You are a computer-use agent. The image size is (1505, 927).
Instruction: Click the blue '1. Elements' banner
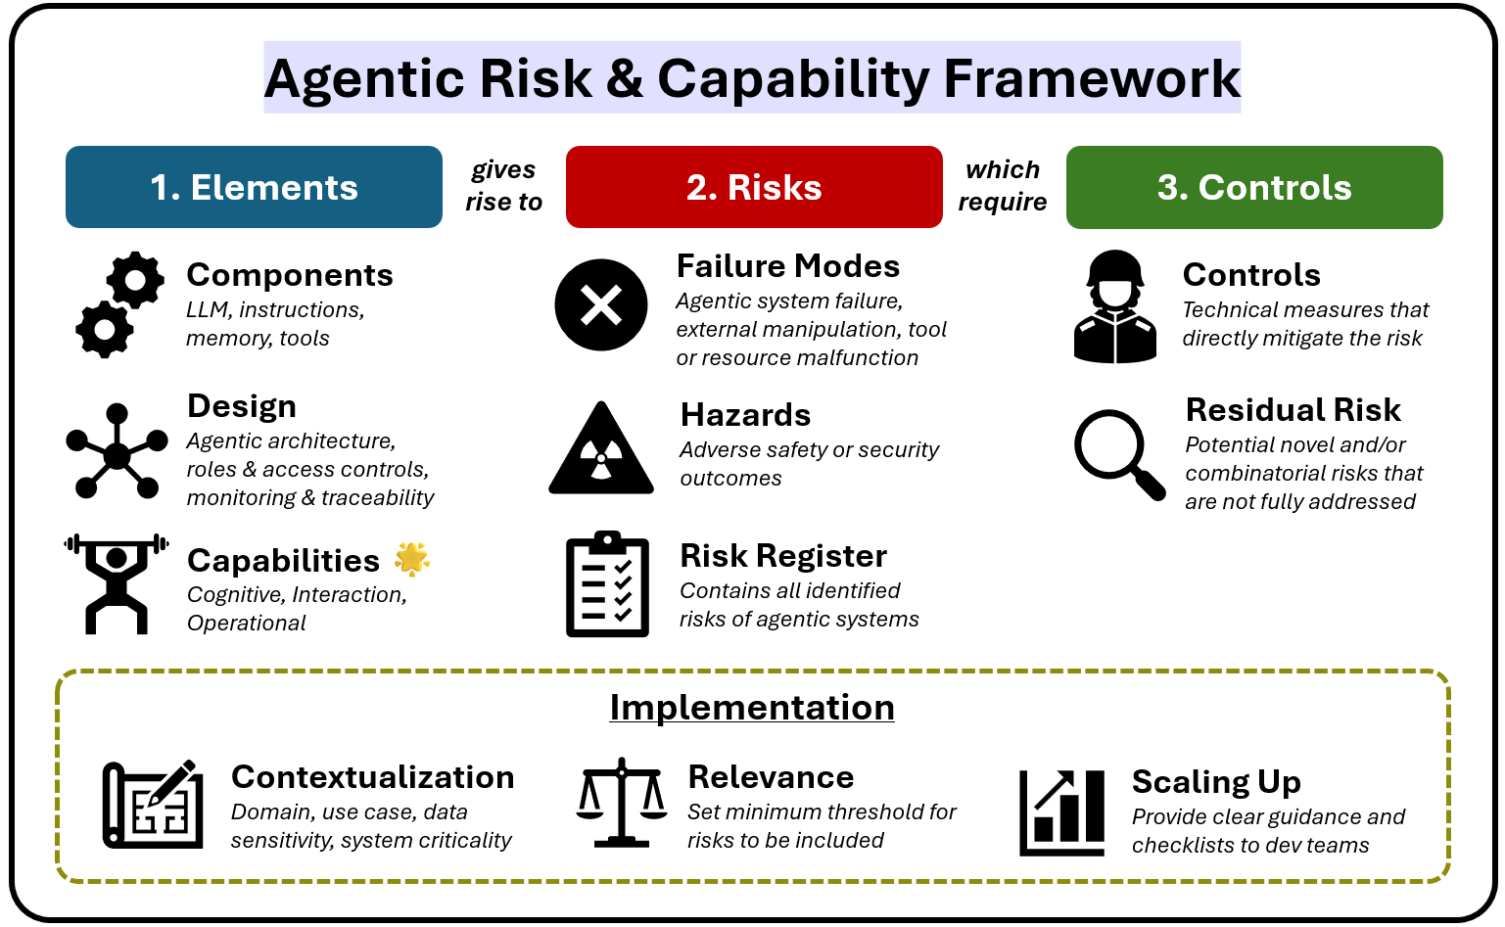point(254,187)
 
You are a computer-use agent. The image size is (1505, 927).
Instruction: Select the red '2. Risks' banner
point(754,187)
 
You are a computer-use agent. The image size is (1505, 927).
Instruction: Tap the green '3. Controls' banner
point(1254,187)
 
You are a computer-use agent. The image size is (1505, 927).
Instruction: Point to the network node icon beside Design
point(117,451)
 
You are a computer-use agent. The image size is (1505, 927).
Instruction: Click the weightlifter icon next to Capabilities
point(117,584)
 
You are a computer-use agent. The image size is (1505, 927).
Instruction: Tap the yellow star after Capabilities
point(412,558)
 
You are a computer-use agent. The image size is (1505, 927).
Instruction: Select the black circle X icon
point(601,305)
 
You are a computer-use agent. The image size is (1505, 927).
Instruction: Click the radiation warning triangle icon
point(601,450)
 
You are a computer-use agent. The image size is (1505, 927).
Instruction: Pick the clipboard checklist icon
point(607,585)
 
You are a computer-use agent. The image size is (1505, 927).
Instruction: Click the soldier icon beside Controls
point(1115,307)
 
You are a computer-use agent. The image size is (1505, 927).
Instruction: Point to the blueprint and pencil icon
point(153,804)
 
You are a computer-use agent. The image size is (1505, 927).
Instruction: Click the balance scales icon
point(622,802)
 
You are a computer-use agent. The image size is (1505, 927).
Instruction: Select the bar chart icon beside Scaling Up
point(1062,811)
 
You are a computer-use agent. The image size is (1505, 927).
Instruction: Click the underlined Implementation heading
point(752,707)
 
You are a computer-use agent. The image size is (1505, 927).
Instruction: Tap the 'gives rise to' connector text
point(503,186)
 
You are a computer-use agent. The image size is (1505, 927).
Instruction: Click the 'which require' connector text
point(1003,186)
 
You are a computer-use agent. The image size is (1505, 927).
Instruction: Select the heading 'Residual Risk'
point(1293,409)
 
